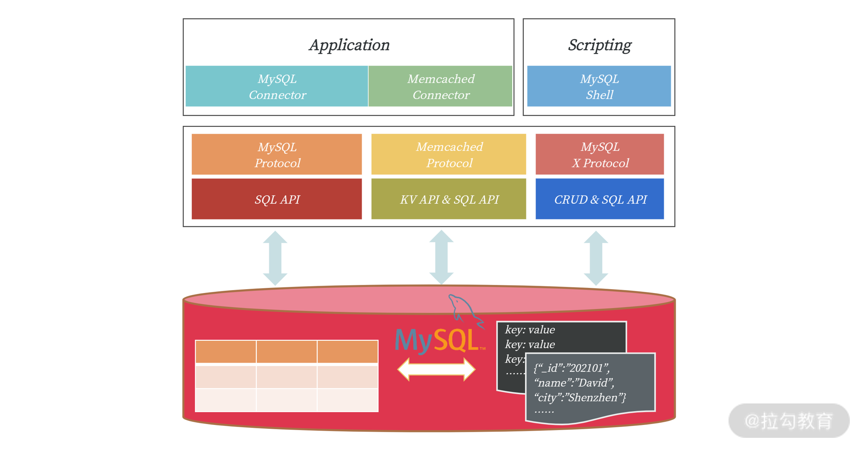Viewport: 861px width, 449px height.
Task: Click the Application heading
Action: (x=349, y=45)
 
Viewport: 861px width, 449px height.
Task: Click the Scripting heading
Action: (x=599, y=45)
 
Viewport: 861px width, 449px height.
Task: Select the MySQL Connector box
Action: (x=277, y=86)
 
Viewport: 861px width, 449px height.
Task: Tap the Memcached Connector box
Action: (x=440, y=86)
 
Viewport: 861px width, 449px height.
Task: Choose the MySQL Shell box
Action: (x=599, y=86)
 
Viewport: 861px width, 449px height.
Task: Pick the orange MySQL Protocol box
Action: (x=277, y=155)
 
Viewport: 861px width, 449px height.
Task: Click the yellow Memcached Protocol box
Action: (x=449, y=155)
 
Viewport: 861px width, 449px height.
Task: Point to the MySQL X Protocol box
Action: (x=600, y=155)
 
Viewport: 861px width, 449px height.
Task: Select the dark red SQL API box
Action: (x=277, y=199)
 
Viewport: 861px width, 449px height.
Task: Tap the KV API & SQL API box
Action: (x=449, y=199)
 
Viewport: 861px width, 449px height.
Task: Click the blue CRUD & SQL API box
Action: (x=600, y=199)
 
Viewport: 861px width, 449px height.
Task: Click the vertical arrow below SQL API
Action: (x=275, y=258)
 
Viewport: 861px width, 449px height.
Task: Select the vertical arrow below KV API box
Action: (x=441, y=257)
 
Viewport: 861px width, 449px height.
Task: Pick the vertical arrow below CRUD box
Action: (x=596, y=258)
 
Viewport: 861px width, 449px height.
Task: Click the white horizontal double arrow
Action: (x=436, y=369)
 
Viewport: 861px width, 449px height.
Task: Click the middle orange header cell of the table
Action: (x=286, y=352)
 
